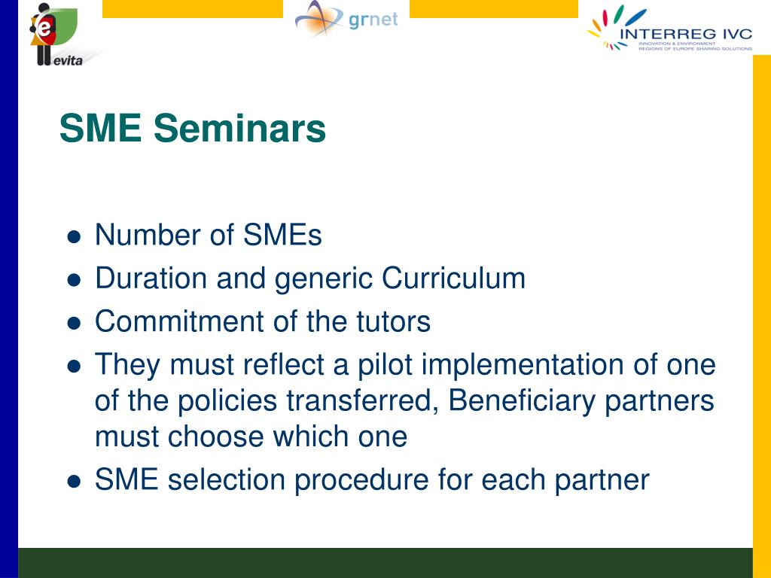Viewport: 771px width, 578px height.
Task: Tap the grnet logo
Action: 346,19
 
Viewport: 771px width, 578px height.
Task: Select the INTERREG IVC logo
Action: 669,29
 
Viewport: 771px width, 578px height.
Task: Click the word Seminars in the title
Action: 239,128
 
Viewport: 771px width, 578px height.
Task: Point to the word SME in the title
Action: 100,128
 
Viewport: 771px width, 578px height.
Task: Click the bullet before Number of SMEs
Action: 74,237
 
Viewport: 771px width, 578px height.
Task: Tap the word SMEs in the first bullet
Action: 283,235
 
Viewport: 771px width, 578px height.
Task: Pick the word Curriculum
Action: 453,278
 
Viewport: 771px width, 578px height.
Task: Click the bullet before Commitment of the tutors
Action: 74,324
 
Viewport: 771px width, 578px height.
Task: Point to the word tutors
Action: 393,321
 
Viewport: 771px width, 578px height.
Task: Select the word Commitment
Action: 179,321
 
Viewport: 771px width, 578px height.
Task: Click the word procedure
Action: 361,479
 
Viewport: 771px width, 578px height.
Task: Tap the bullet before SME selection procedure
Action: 74,482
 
